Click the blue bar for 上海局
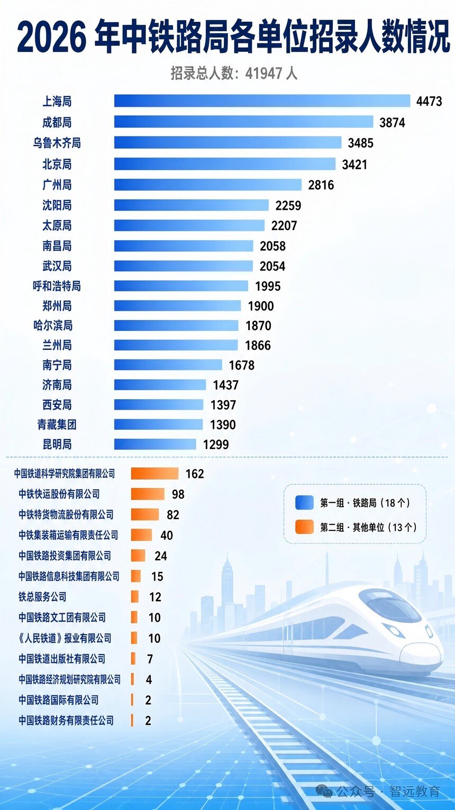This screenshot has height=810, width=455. click(x=262, y=101)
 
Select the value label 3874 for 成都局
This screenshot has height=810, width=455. click(x=392, y=123)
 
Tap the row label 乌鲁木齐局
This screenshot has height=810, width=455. click(x=57, y=143)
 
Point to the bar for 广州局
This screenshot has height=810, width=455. click(x=208, y=185)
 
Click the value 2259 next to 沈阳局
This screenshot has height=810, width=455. click(x=288, y=205)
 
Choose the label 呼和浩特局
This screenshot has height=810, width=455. click(x=57, y=286)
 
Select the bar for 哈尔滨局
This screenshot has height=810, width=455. click(x=176, y=326)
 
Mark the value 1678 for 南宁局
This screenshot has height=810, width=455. click(x=241, y=365)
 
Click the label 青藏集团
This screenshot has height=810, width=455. click(x=57, y=424)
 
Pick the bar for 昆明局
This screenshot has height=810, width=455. click(x=155, y=444)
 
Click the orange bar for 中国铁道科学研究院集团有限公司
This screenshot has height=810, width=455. click(x=154, y=473)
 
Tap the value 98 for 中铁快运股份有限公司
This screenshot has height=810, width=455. click(x=178, y=494)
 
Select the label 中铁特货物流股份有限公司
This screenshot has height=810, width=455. click(x=66, y=514)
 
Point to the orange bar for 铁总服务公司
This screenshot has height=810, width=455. click(x=135, y=596)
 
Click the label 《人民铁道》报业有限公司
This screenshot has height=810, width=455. click(x=65, y=638)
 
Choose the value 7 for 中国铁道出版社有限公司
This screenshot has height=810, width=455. click(x=150, y=659)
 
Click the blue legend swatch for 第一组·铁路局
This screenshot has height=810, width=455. click(x=304, y=503)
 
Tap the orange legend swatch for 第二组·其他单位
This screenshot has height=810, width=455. click(x=304, y=527)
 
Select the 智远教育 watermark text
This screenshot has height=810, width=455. click(x=414, y=791)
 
